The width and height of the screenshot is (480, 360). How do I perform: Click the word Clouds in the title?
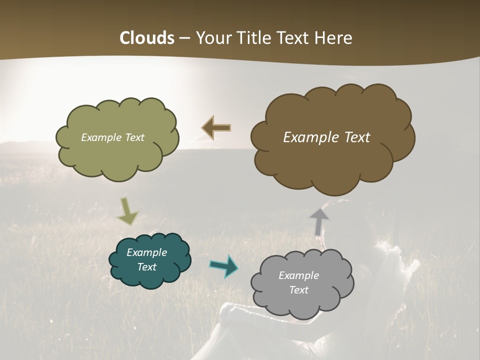click(x=146, y=38)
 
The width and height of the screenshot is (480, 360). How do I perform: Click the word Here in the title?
click(x=334, y=38)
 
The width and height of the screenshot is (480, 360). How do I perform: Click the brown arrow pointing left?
click(x=216, y=128)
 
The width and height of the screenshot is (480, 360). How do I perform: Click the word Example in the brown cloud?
click(x=308, y=137)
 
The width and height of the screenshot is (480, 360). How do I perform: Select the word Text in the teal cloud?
click(x=147, y=267)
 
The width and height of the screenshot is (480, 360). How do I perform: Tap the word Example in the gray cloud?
click(x=298, y=275)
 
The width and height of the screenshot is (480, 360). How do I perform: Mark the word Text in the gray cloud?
click(x=298, y=290)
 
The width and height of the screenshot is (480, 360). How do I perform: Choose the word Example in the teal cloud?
click(x=147, y=252)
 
